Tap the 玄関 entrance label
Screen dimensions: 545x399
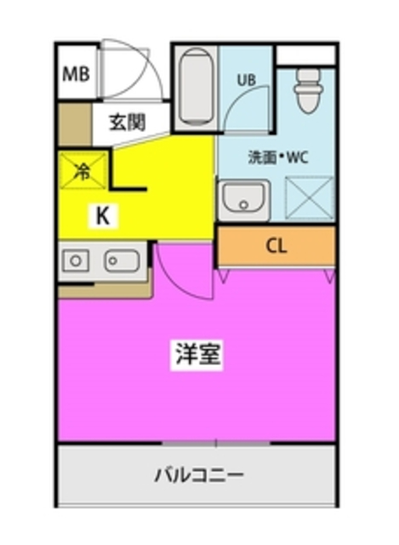[127, 121]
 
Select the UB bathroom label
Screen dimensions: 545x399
[246, 81]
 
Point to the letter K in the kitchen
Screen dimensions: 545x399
[102, 216]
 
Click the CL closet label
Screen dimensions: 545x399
[276, 247]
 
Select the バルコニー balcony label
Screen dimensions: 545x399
[199, 473]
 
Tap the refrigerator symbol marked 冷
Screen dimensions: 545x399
[83, 170]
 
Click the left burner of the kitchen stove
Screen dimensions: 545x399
[76, 261]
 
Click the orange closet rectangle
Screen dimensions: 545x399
[276, 247]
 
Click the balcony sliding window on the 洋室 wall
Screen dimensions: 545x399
[216, 443]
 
